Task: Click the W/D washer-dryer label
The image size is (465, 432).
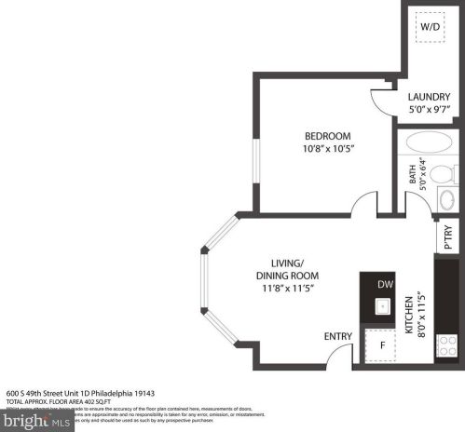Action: [430, 27]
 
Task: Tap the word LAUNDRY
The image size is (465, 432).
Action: [430, 96]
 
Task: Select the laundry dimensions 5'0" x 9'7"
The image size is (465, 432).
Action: [430, 110]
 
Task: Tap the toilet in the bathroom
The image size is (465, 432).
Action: [444, 174]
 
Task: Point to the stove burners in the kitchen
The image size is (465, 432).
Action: [447, 346]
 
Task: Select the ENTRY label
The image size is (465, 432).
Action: [337, 336]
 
